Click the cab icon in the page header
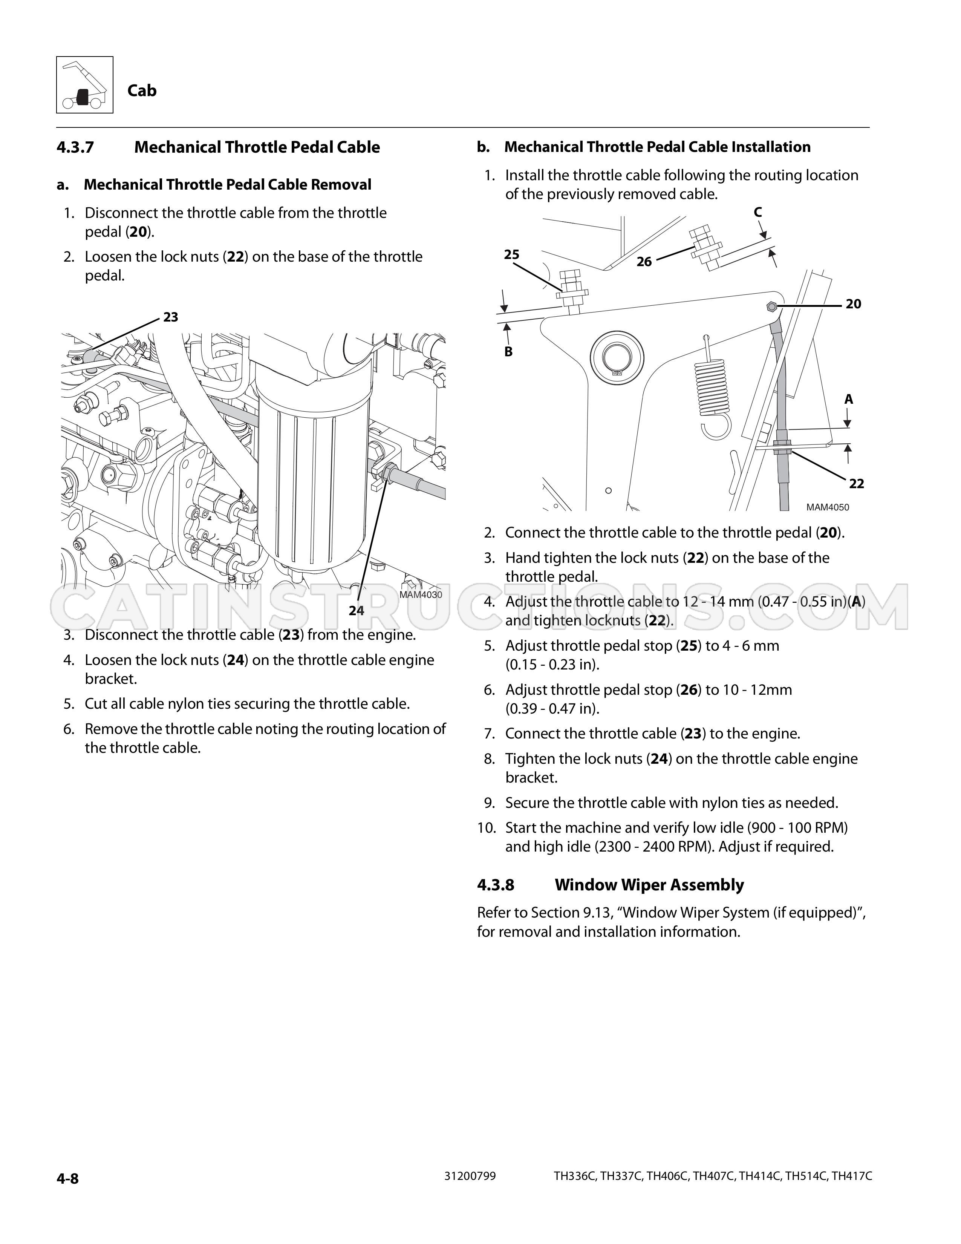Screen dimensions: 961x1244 [84, 84]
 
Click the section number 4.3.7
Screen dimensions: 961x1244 [75, 147]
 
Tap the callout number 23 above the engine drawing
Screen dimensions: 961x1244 [171, 317]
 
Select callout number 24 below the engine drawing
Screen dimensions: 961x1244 [357, 611]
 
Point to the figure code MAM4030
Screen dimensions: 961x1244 [421, 594]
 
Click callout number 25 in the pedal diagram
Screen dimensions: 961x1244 [512, 254]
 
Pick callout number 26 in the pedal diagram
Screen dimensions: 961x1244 [644, 262]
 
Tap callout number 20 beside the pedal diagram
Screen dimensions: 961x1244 [853, 304]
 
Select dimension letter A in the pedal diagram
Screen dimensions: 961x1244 [849, 399]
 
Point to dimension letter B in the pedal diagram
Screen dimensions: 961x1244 [508, 352]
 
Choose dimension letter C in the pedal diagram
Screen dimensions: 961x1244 [758, 213]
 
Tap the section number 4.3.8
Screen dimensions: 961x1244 [496, 885]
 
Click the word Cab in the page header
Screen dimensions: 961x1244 [142, 90]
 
